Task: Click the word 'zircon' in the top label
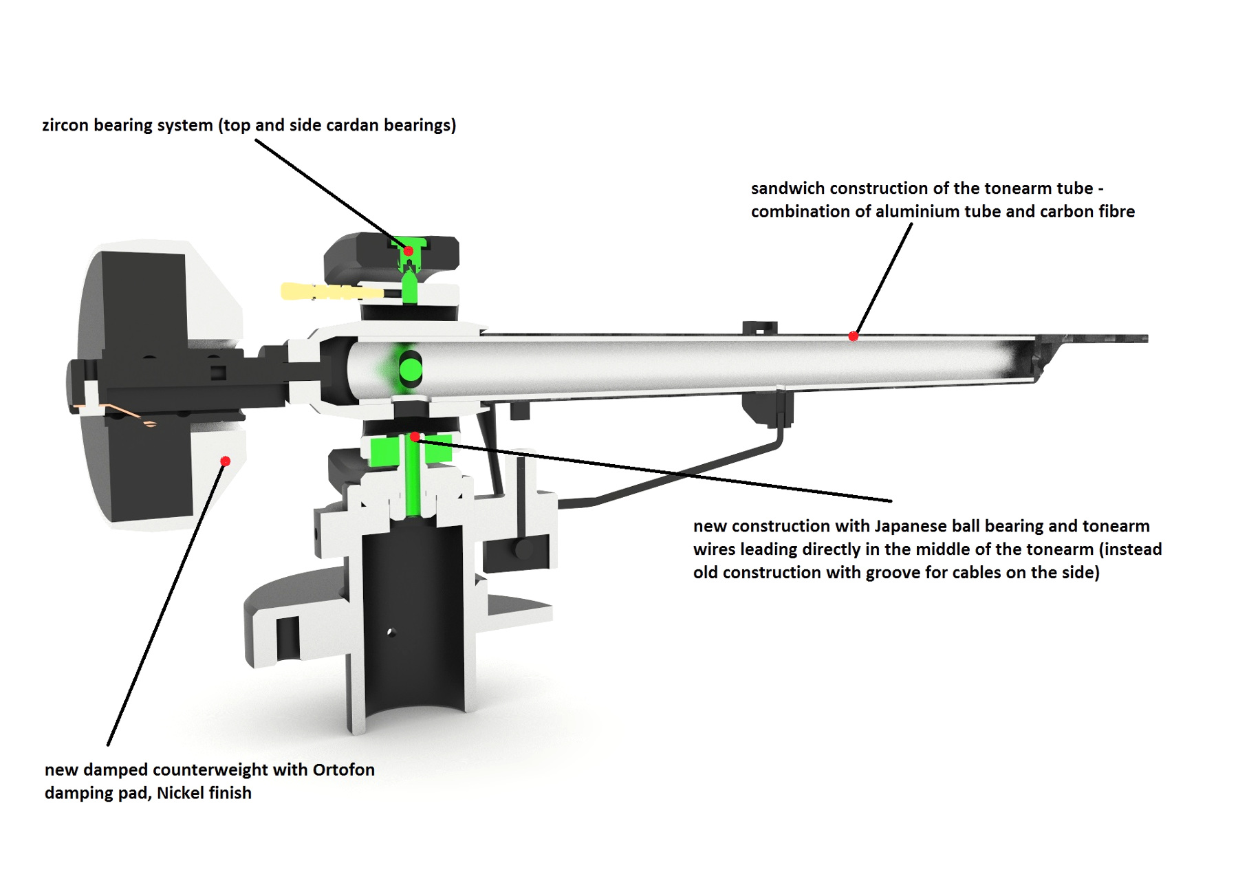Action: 65,125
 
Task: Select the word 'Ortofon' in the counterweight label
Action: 343,769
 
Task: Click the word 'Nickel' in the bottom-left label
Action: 181,793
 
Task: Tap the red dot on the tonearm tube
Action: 853,336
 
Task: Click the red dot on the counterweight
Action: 225,461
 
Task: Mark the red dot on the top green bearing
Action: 409,251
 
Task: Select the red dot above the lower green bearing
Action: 415,437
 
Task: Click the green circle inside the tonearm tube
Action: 411,369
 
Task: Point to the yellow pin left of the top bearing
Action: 323,292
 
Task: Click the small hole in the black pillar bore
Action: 391,632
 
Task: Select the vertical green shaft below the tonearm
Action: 412,481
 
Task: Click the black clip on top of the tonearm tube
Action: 759,327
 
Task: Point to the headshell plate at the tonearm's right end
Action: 1100,338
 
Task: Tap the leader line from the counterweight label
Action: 165,605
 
